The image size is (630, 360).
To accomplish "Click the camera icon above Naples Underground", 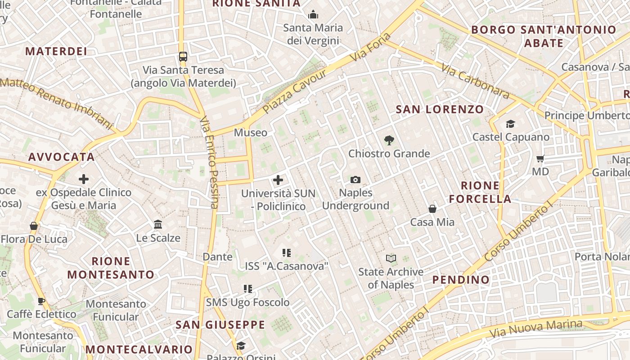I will [355, 180].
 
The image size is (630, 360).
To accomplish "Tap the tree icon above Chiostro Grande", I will [389, 140].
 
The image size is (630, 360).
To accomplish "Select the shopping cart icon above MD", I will [540, 158].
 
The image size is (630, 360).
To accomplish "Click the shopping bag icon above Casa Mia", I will [432, 209].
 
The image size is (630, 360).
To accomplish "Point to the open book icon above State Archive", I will [391, 258].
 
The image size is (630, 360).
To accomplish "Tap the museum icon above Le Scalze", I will [158, 224].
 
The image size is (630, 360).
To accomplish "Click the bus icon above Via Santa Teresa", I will [183, 57].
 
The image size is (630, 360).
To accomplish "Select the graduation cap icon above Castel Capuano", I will [510, 124].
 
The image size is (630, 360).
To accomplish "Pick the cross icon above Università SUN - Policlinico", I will [278, 180].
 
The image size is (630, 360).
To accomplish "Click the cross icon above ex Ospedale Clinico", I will [84, 179].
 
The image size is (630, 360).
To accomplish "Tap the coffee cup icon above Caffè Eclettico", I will [41, 301].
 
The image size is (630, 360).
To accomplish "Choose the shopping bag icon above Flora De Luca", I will [34, 225].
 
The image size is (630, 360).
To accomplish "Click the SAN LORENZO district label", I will [439, 109].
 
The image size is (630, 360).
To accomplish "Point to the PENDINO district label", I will [461, 280].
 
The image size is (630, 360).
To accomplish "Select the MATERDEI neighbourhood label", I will [56, 51].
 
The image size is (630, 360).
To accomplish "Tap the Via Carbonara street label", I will [475, 81].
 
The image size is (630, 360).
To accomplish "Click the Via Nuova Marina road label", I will [535, 329].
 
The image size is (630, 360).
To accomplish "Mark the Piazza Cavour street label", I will [295, 92].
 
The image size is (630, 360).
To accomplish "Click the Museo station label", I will [251, 133].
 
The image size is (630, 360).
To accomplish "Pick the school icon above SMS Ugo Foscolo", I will [247, 288].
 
